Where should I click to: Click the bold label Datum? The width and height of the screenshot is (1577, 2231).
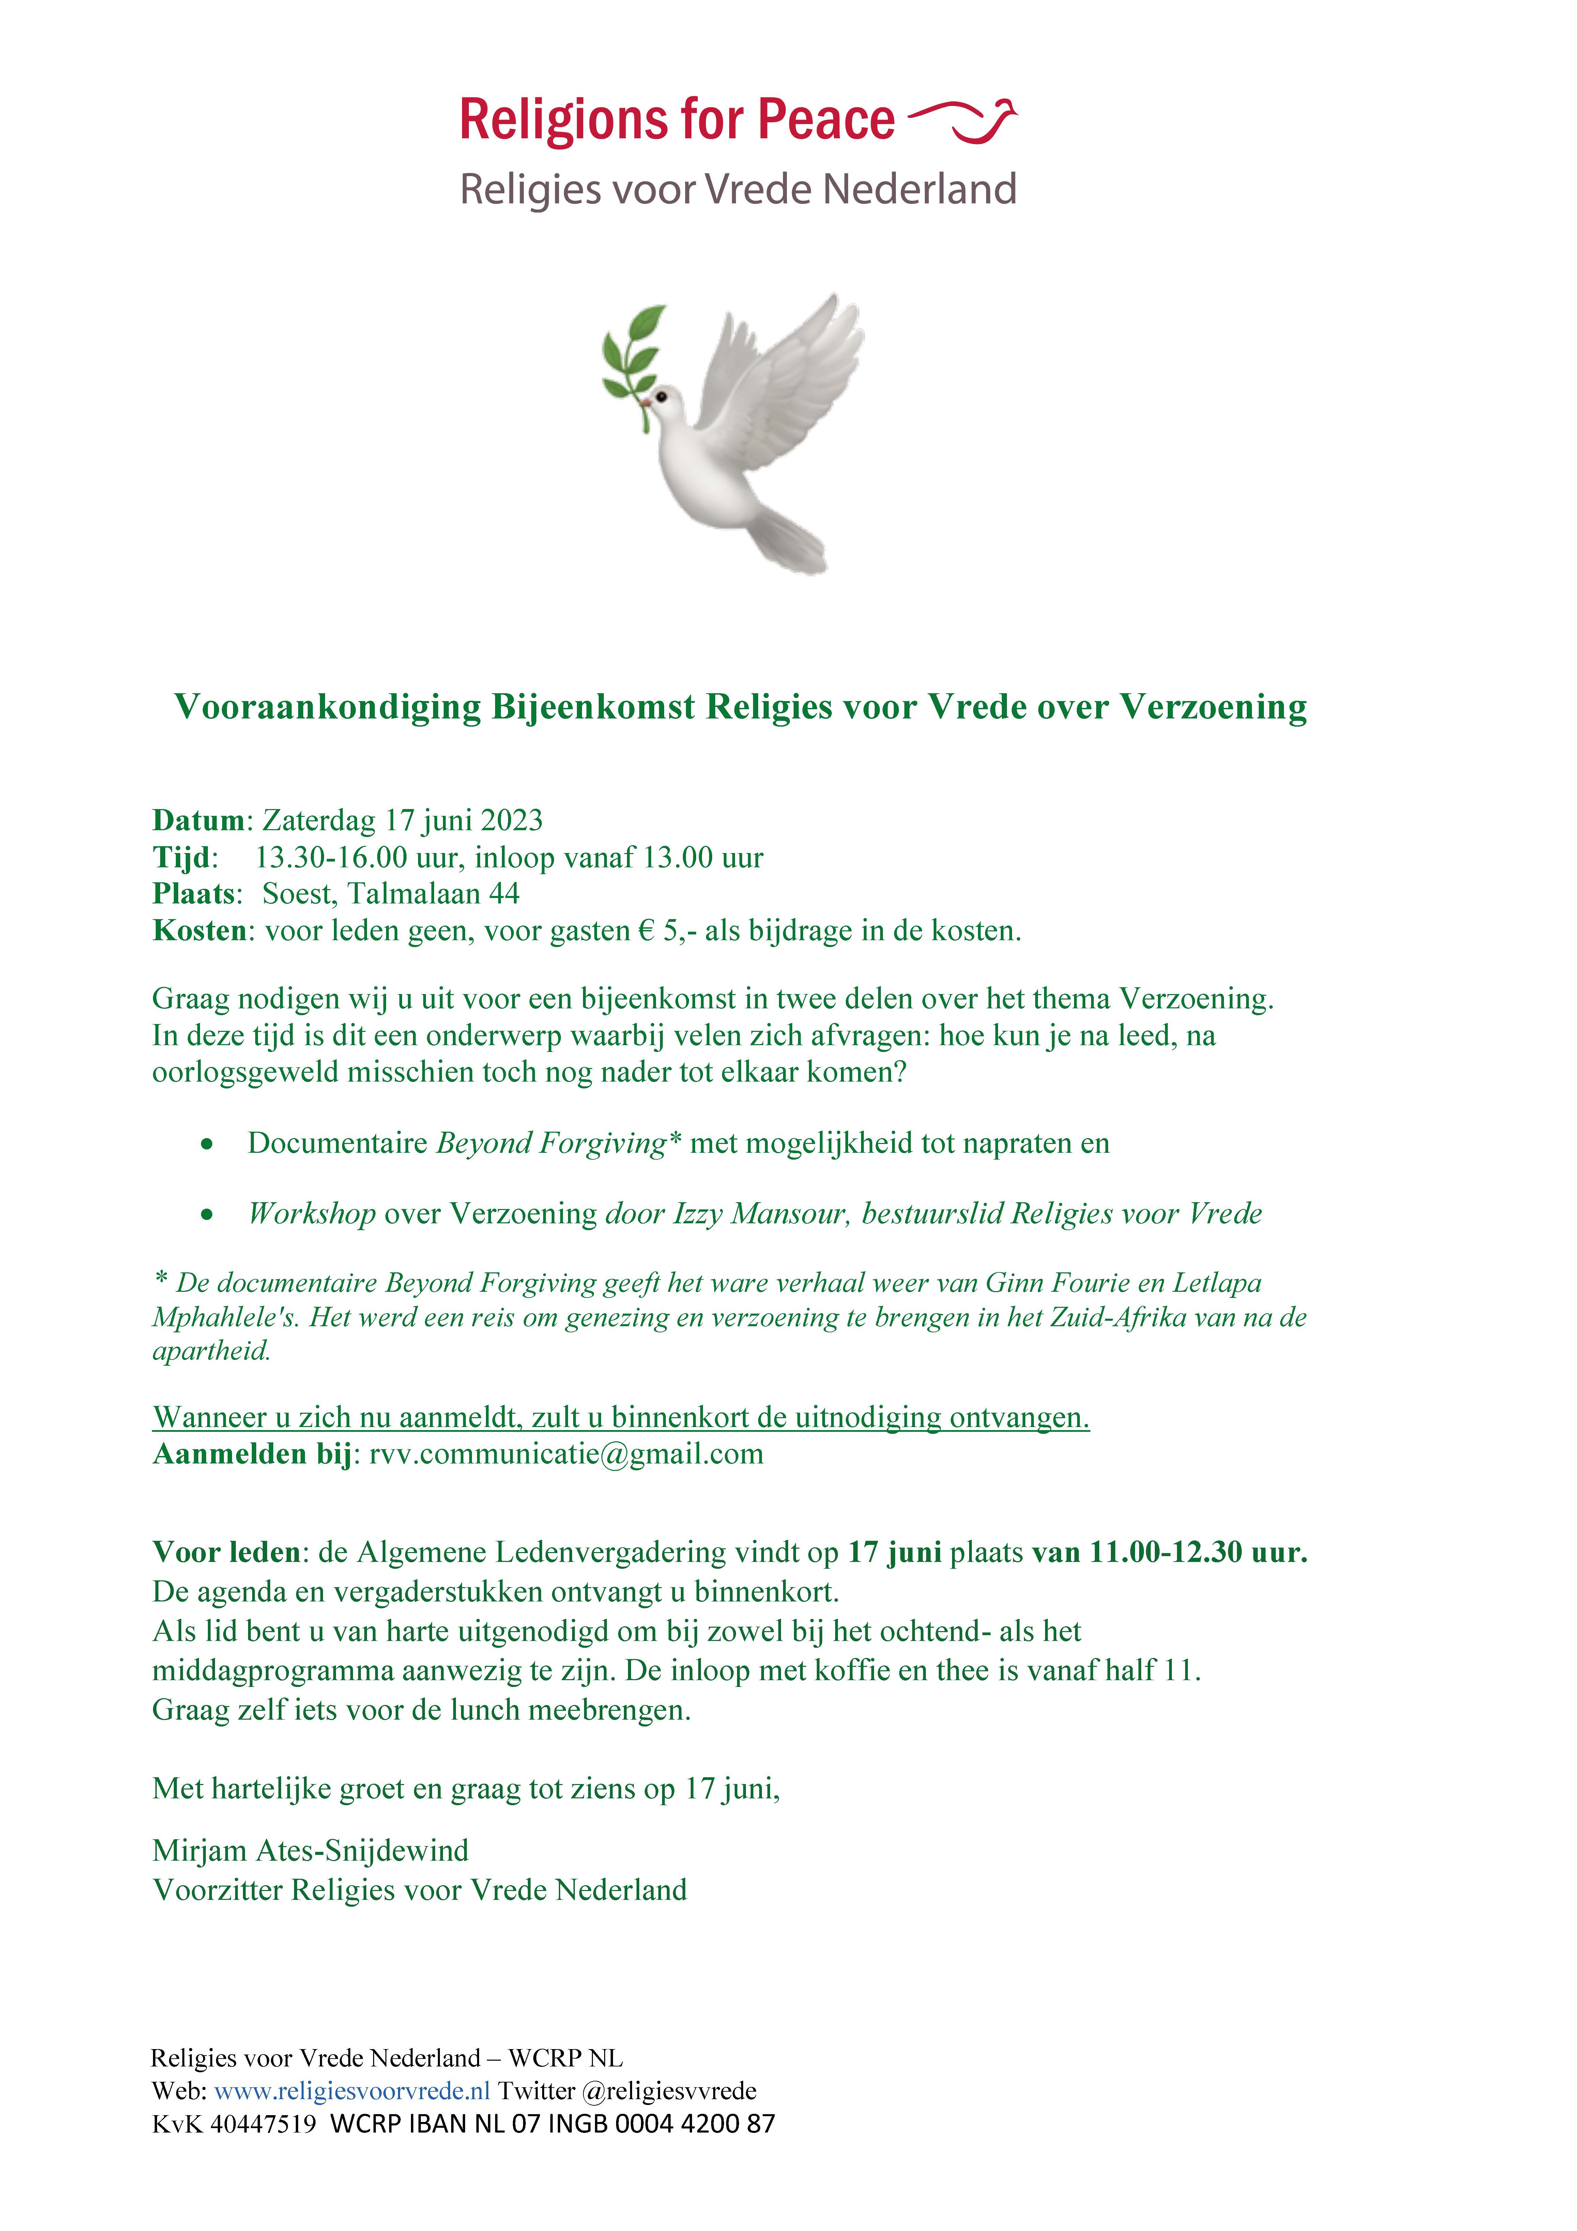pos(198,820)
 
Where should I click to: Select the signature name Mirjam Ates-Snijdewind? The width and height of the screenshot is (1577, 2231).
pos(310,1850)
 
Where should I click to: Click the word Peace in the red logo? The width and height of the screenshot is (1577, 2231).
pos(826,121)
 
